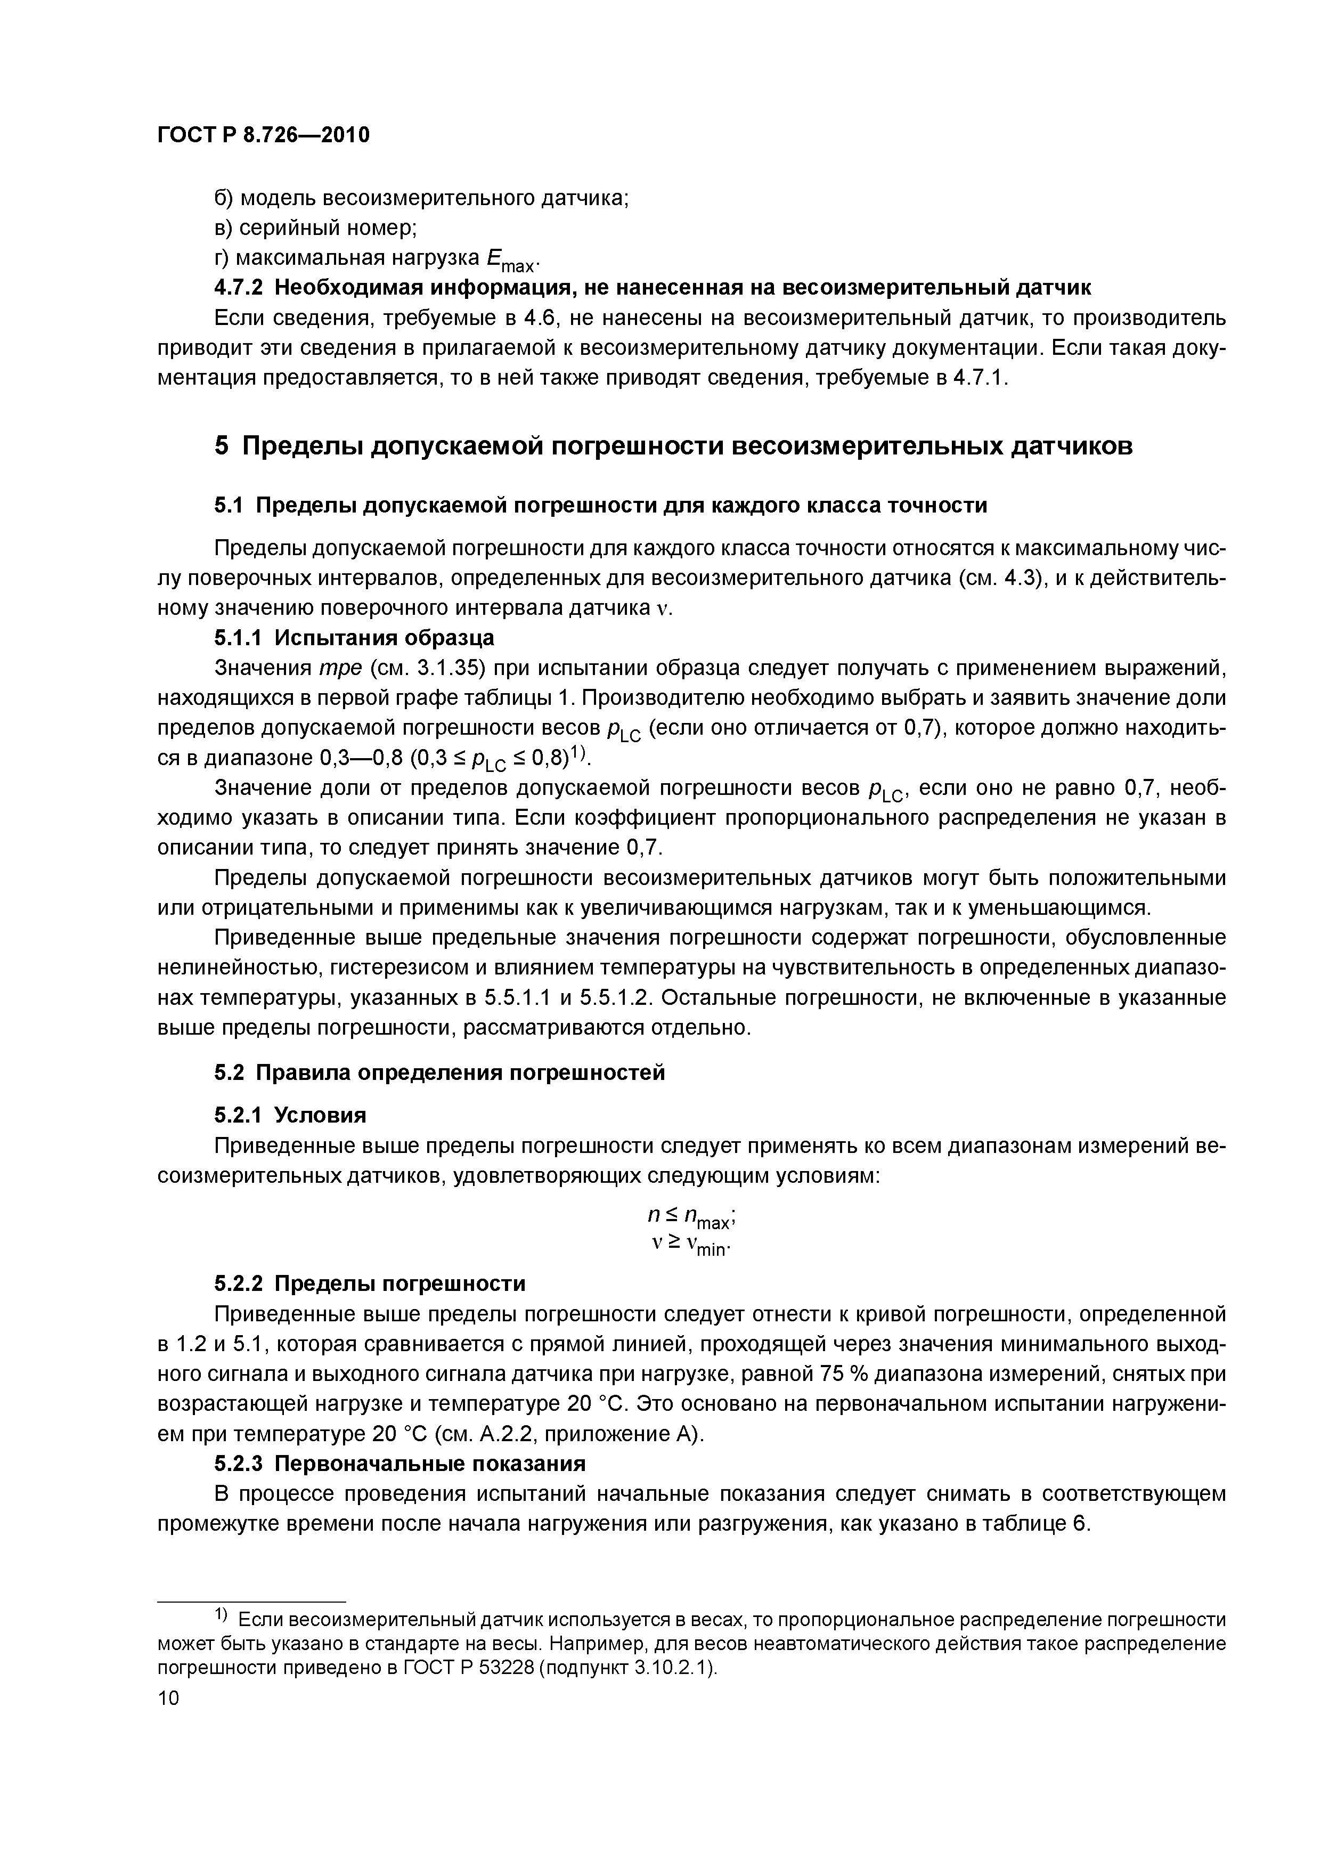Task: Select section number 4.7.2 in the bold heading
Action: [x=239, y=287]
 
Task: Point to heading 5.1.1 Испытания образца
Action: [x=354, y=637]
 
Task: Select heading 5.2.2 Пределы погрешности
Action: [x=370, y=1283]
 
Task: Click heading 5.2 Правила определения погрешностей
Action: [x=439, y=1073]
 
